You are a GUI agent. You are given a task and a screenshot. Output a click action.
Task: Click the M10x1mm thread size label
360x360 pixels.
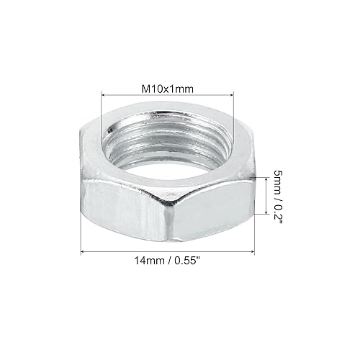[167, 88]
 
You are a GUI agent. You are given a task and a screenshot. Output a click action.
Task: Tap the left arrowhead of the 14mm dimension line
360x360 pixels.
[81, 251]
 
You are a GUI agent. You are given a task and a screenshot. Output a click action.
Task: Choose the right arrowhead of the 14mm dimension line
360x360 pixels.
[256, 251]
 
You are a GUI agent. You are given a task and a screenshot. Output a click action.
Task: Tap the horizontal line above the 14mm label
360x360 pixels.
[168, 251]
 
